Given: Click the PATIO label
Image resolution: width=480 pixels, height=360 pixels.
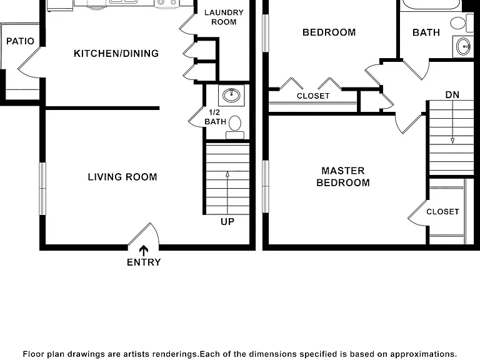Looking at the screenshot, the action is (20, 41).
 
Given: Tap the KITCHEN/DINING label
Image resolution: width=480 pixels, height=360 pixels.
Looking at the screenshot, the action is (116, 54).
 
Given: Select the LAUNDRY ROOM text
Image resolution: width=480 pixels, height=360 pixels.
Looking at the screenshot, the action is (224, 17).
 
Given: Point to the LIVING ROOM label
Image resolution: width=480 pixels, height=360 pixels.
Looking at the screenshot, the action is (122, 177).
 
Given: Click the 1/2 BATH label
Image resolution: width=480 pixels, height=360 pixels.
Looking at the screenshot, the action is (215, 117).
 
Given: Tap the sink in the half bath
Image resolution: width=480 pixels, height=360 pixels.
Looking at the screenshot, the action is (231, 96).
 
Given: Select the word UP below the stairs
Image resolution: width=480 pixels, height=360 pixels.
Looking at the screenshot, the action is (227, 222).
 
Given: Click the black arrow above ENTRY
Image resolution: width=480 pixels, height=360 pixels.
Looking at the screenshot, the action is (144, 251).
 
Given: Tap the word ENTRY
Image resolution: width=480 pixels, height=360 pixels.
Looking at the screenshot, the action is (144, 262).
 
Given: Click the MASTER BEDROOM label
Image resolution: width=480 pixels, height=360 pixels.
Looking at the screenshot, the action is (343, 177).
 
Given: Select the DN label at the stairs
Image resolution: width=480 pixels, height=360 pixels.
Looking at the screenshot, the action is (452, 95).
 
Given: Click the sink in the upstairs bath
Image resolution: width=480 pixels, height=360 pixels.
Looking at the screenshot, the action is (463, 46).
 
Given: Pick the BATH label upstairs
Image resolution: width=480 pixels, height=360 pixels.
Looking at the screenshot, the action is (426, 32).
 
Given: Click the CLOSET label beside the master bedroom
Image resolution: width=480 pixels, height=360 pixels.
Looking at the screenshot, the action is (442, 212).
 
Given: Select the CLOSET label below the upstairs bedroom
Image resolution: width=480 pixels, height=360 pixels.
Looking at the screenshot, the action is (313, 96).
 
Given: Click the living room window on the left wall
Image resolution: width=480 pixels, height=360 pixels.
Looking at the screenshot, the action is (42, 189).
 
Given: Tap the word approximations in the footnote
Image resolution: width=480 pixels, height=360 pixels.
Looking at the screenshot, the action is (423, 354).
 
